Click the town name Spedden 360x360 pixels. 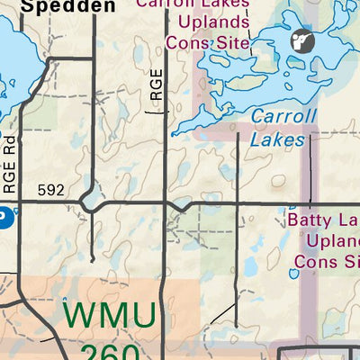point(59,7)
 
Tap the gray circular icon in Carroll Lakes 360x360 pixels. point(300,41)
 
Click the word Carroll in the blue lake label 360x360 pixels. point(283,116)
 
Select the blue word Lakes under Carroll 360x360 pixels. point(278,139)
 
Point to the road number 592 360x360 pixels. point(52,190)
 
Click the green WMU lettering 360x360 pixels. point(111,317)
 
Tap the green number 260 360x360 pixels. point(111,351)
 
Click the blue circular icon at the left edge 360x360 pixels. point(3,217)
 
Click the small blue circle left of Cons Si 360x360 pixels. point(294,274)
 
